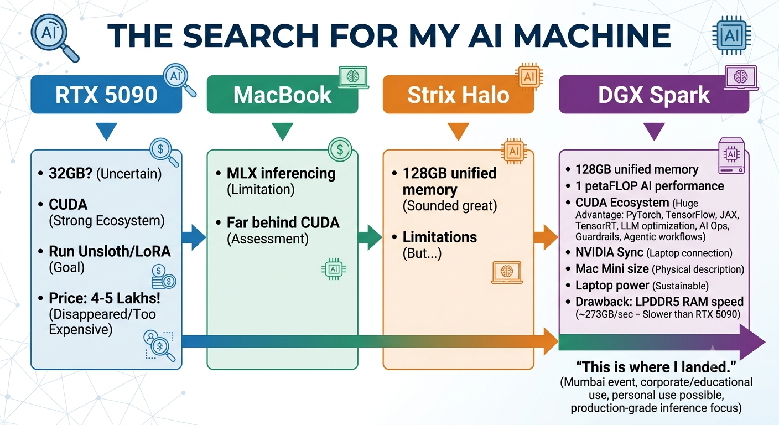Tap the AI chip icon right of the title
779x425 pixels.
point(731,35)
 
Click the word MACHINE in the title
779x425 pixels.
point(592,36)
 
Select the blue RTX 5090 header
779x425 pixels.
point(106,95)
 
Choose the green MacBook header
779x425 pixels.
point(282,95)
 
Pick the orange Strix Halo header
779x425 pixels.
point(458,95)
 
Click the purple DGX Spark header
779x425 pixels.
point(654,95)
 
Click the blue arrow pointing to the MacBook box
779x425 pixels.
point(194,237)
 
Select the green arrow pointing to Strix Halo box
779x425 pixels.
point(370,237)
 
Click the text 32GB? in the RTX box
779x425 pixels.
point(71,173)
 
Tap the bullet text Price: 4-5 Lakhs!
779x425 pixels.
point(105,298)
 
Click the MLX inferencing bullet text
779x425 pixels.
point(281,173)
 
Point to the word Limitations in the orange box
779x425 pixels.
point(440,237)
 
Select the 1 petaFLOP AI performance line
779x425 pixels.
point(650,186)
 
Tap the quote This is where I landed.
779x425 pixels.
point(656,367)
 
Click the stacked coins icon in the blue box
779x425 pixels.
point(164,277)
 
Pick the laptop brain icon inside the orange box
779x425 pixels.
point(507,272)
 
